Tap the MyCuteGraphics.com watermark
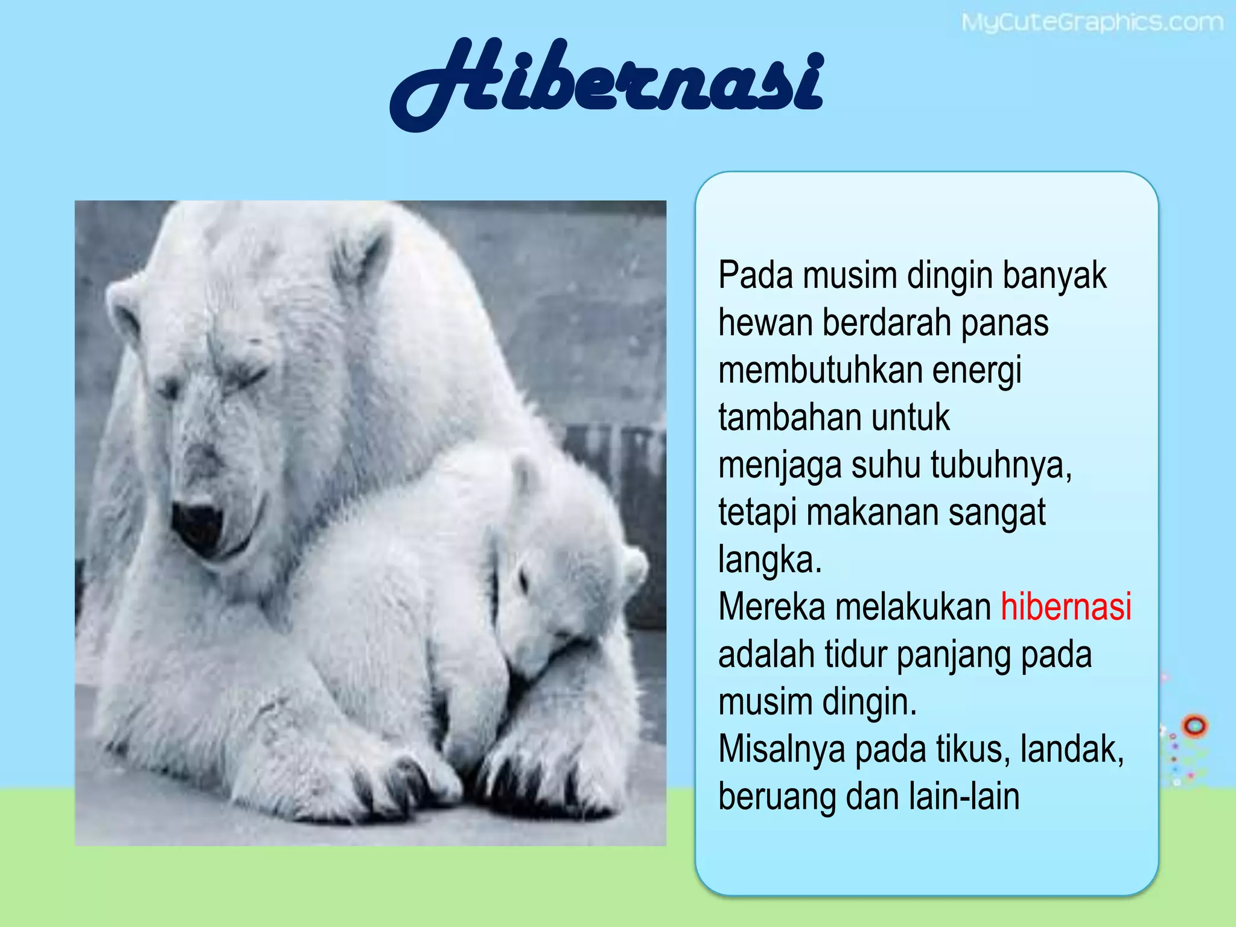(1091, 23)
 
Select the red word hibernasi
(1066, 607)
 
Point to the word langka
(769, 559)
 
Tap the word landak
(1072, 749)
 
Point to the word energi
(977, 371)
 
